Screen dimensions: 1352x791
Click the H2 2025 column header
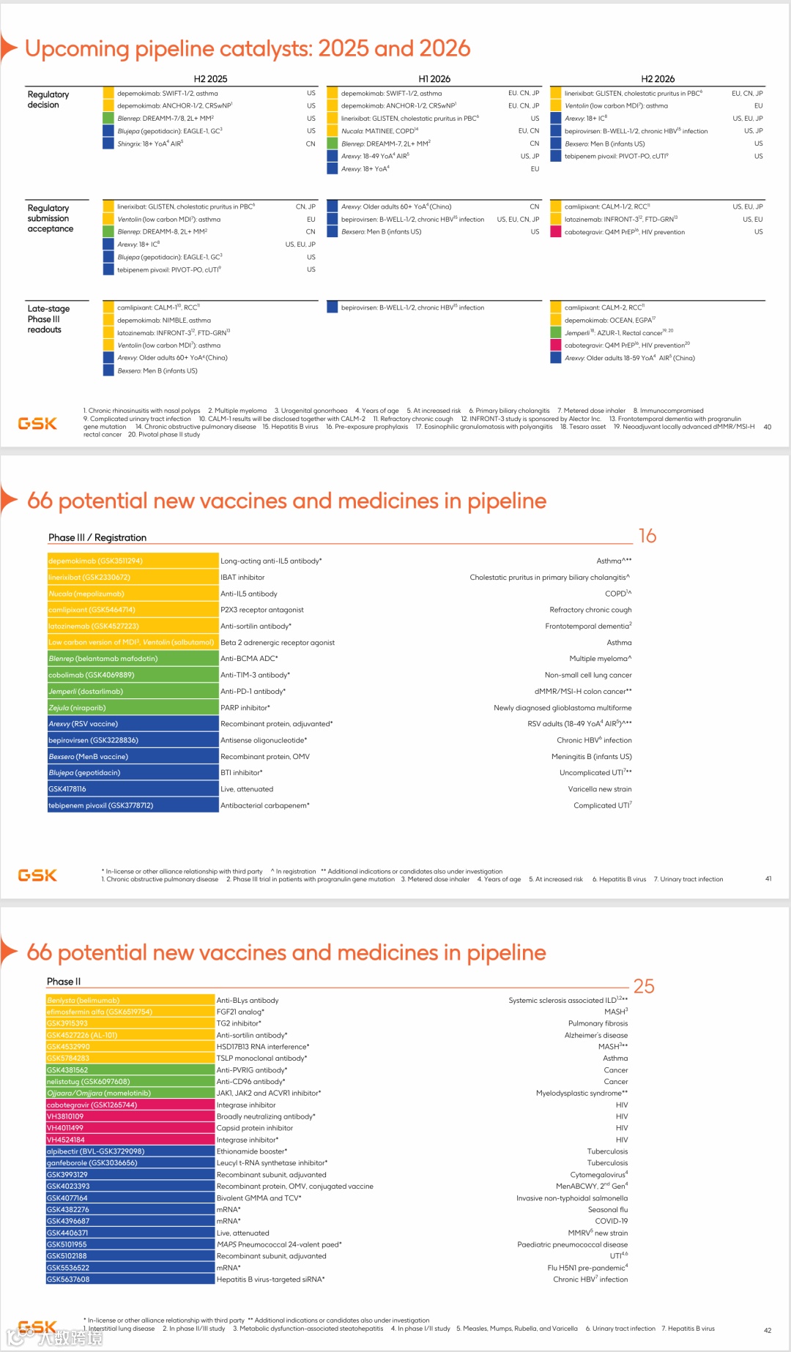[210, 79]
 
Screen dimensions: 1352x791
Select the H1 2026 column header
[434, 79]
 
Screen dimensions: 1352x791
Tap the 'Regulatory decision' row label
[48, 100]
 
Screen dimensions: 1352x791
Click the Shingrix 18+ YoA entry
[150, 143]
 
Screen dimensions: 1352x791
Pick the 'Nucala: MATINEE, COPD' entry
[379, 131]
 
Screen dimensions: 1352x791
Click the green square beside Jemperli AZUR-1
[556, 333]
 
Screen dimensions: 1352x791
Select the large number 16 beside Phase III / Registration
[647, 537]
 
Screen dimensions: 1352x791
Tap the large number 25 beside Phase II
[644, 987]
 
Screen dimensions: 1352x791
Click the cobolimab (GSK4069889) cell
[133, 675]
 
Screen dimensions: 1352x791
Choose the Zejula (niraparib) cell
[133, 708]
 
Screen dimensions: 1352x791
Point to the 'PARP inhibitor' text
[245, 708]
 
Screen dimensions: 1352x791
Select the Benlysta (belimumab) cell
[130, 1001]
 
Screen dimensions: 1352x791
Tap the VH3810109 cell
[130, 1116]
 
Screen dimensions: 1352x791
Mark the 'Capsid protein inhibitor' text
[255, 1128]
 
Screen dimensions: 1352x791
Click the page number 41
[768, 879]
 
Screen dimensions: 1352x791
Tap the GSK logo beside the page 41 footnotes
[37, 875]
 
